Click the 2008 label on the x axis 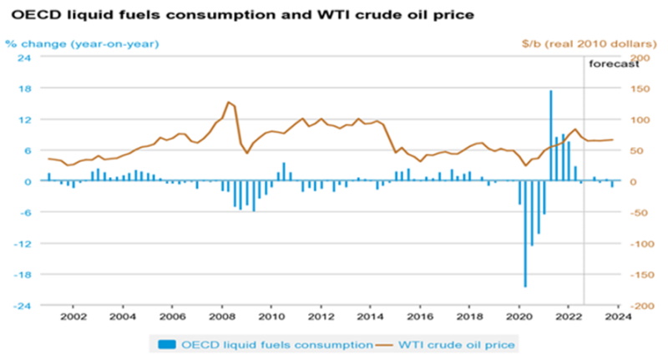click(221, 317)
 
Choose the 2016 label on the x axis click(418, 317)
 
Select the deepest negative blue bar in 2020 click(525, 234)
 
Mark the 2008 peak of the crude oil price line click(228, 102)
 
